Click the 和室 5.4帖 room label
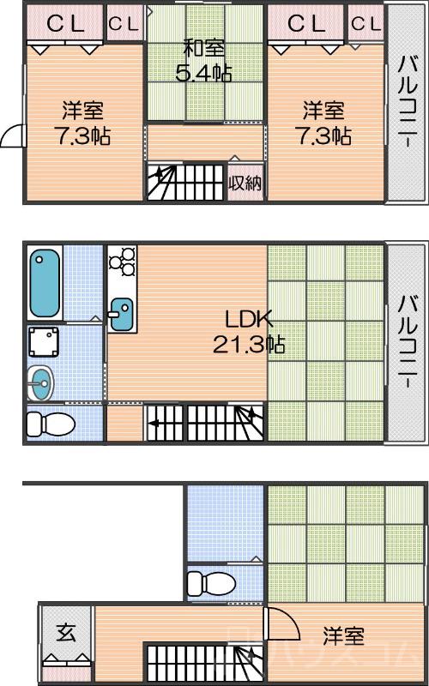pyautogui.click(x=203, y=61)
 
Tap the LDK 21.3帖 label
pyautogui.click(x=249, y=332)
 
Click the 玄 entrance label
pyautogui.click(x=65, y=634)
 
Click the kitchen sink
pyautogui.click(x=121, y=314)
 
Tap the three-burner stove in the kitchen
pyautogui.click(x=122, y=261)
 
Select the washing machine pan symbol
pyautogui.click(x=44, y=341)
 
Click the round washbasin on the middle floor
pyautogui.click(x=39, y=382)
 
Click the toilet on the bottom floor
pyautogui.click(x=210, y=583)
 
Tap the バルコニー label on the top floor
pyautogui.click(x=406, y=102)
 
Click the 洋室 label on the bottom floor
pyautogui.click(x=343, y=636)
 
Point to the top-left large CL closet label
pyautogui.click(x=65, y=23)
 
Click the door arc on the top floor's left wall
pyautogui.click(x=12, y=135)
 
